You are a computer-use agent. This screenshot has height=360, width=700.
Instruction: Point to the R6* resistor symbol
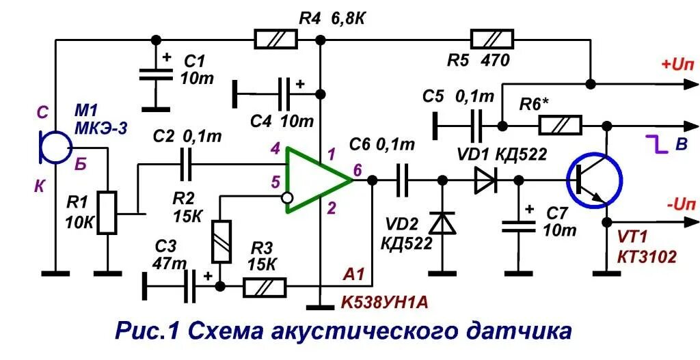pyautogui.click(x=561, y=126)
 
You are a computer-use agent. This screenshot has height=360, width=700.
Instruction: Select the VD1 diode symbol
pyautogui.click(x=485, y=180)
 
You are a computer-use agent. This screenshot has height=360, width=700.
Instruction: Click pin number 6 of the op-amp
pyautogui.click(x=358, y=169)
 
